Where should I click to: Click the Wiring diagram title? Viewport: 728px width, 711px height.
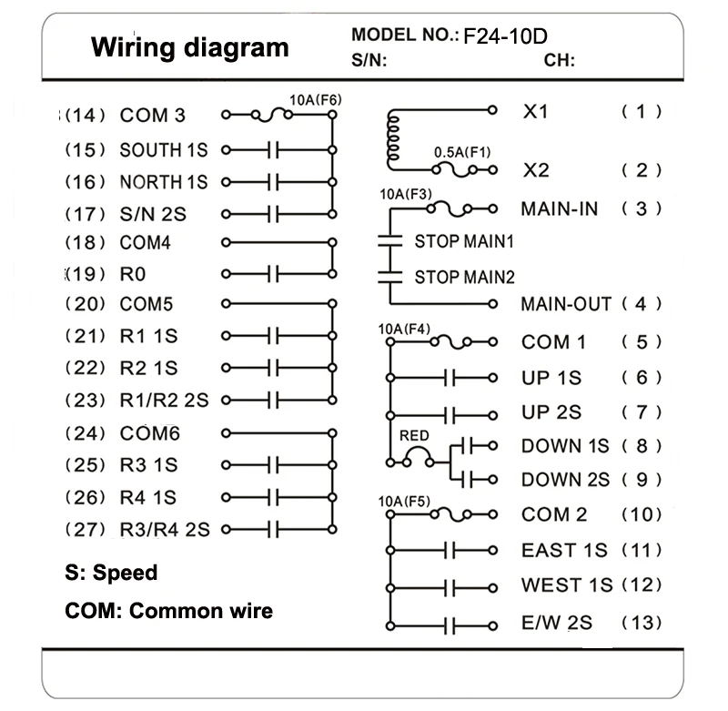point(190,48)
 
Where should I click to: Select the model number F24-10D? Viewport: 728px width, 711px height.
point(506,36)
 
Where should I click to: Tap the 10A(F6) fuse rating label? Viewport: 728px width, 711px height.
point(316,100)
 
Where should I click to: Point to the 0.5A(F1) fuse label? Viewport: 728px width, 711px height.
point(462,152)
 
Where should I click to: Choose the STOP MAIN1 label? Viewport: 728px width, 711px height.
point(464,241)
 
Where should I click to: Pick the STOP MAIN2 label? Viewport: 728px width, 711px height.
point(465,278)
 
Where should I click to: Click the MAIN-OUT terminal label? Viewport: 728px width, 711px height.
point(566,304)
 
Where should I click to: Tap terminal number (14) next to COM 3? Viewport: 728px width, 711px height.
point(86,116)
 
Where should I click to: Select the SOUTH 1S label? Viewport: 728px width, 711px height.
point(164,150)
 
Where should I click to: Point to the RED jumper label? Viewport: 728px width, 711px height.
point(414,435)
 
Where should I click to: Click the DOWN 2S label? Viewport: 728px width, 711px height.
point(565,480)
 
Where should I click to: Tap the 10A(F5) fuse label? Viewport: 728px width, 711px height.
point(404,502)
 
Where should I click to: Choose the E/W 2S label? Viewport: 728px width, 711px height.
point(557,623)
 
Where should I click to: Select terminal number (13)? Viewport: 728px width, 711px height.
point(642,623)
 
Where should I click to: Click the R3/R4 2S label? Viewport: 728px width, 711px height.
point(165,530)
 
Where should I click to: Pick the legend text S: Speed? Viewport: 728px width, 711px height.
point(111,573)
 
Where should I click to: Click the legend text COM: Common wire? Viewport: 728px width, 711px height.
point(169,611)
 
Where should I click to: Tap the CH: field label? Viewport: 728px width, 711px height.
point(560,60)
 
